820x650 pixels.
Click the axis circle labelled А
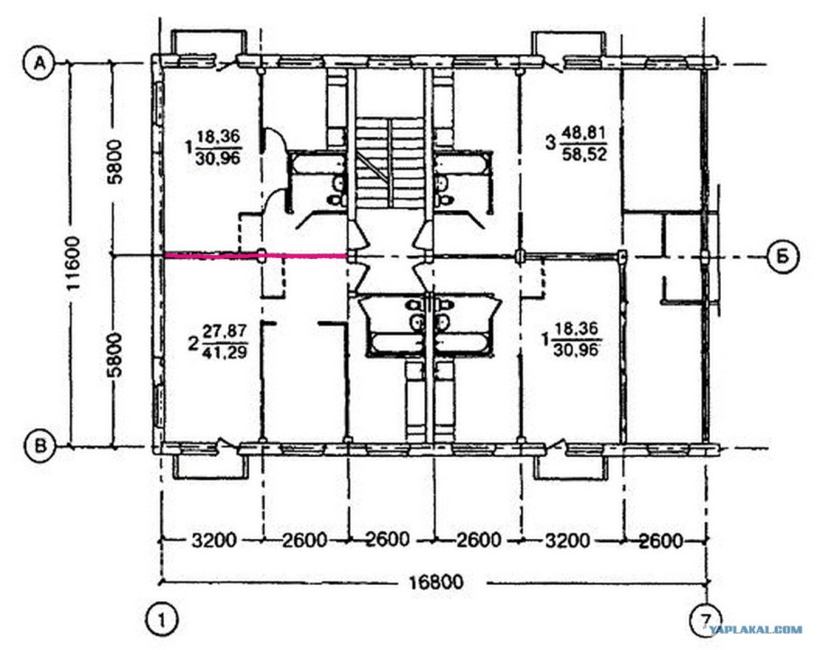(x=39, y=63)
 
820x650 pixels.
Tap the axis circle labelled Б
(x=783, y=256)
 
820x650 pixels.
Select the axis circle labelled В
(x=41, y=446)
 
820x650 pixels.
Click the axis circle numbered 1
(x=161, y=620)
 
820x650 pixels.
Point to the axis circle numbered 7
(x=707, y=620)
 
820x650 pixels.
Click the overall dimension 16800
(x=436, y=581)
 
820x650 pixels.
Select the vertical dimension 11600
(x=74, y=263)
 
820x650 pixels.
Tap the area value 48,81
(x=584, y=133)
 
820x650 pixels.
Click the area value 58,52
(x=584, y=154)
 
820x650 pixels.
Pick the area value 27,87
(x=225, y=331)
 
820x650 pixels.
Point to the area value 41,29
(x=225, y=352)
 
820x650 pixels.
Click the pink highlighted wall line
(x=256, y=255)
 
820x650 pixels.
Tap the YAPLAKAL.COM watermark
(x=756, y=629)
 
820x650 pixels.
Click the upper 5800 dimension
(x=116, y=161)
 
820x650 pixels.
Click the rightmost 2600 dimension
(x=661, y=541)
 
